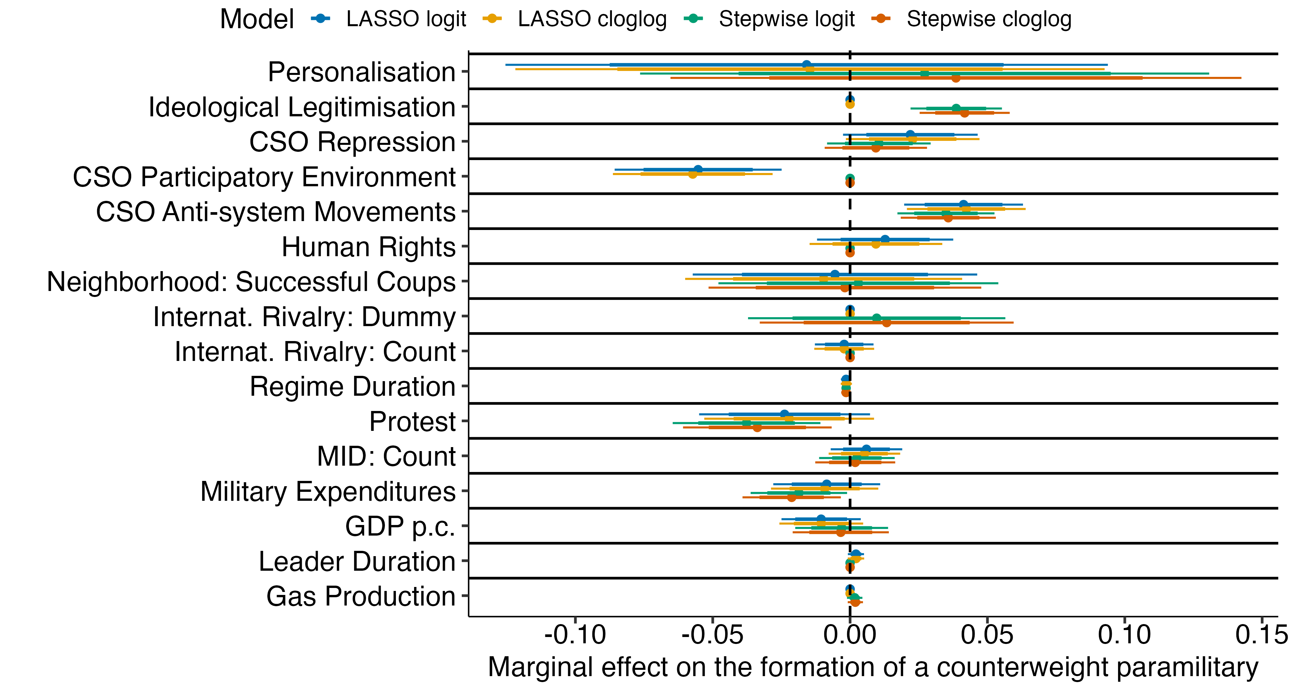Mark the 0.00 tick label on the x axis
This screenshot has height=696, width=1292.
tap(850, 635)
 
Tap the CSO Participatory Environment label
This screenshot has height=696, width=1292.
tap(264, 177)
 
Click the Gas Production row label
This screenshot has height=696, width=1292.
tap(361, 596)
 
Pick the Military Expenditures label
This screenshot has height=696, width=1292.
tap(328, 491)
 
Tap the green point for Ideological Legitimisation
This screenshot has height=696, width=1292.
tap(956, 108)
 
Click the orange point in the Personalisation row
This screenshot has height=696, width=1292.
tap(955, 78)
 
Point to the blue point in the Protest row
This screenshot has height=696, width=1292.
tap(784, 414)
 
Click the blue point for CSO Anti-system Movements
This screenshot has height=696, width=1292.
tap(963, 204)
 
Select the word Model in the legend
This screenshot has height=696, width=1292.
tap(257, 19)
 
